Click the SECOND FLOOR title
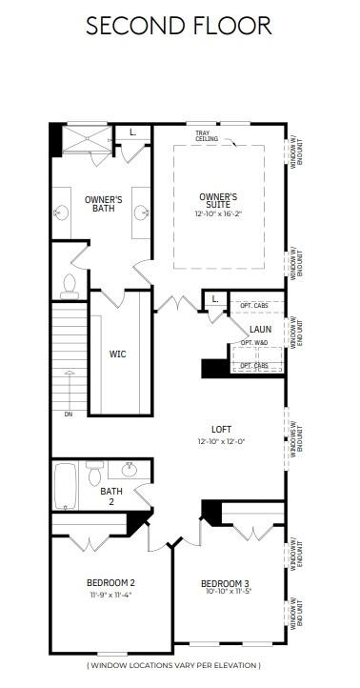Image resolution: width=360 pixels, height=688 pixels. (179, 25)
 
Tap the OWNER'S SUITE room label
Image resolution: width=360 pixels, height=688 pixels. (217, 201)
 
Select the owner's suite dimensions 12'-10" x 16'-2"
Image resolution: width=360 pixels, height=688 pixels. (217, 215)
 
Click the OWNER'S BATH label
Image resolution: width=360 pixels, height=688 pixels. (100, 203)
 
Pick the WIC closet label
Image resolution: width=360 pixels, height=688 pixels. (117, 354)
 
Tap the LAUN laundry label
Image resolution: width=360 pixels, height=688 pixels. (261, 329)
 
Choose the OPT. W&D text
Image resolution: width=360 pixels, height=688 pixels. (254, 342)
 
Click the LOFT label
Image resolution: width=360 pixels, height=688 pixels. (222, 429)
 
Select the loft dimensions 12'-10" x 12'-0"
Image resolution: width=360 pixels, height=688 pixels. (222, 442)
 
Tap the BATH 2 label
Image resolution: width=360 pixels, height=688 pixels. (111, 496)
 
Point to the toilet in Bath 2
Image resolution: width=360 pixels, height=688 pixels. (94, 474)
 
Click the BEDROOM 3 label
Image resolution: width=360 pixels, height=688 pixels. (225, 583)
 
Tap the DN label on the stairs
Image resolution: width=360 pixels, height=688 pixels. (68, 414)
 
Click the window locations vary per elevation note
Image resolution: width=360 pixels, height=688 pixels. (173, 665)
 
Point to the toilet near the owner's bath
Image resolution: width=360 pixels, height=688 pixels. (70, 283)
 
